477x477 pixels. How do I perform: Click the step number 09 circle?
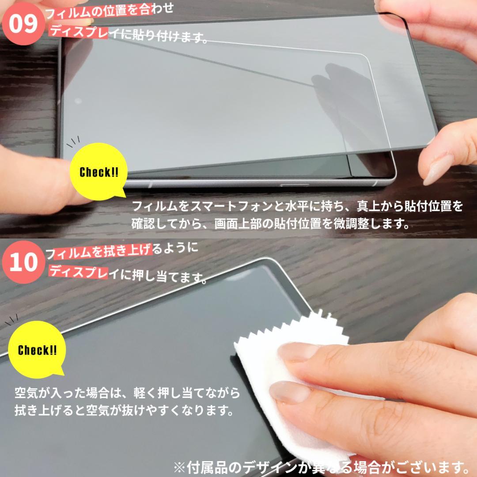pyautogui.click(x=23, y=24)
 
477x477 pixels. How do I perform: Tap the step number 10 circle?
pyautogui.click(x=23, y=262)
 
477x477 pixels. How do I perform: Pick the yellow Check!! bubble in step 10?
pyautogui.click(x=37, y=349)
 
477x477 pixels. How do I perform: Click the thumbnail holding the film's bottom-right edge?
pyautogui.click(x=439, y=169)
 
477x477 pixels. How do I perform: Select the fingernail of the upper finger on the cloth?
pyautogui.click(x=298, y=352)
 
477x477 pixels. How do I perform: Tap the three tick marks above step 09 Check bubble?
pyautogui.click(x=73, y=142)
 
